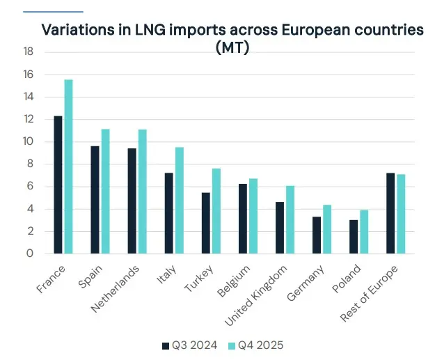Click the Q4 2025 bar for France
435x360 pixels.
point(68,167)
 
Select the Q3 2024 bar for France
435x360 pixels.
point(58,185)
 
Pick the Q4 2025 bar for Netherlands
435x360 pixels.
point(142,191)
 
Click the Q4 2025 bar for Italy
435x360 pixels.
point(179,201)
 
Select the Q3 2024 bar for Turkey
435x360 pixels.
point(205,224)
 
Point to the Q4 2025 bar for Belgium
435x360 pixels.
point(253,217)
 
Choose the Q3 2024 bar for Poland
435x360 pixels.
point(353,237)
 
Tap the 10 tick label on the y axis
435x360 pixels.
point(28,142)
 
